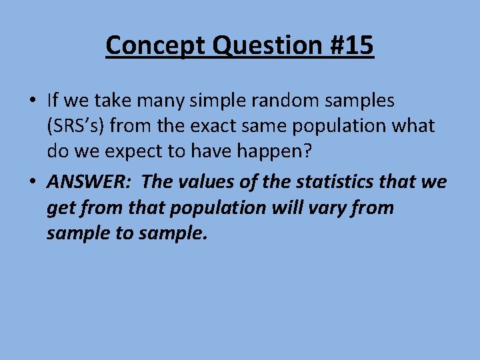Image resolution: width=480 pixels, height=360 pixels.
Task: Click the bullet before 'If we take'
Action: [32, 101]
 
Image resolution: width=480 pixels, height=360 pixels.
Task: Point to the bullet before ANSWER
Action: [32, 181]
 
